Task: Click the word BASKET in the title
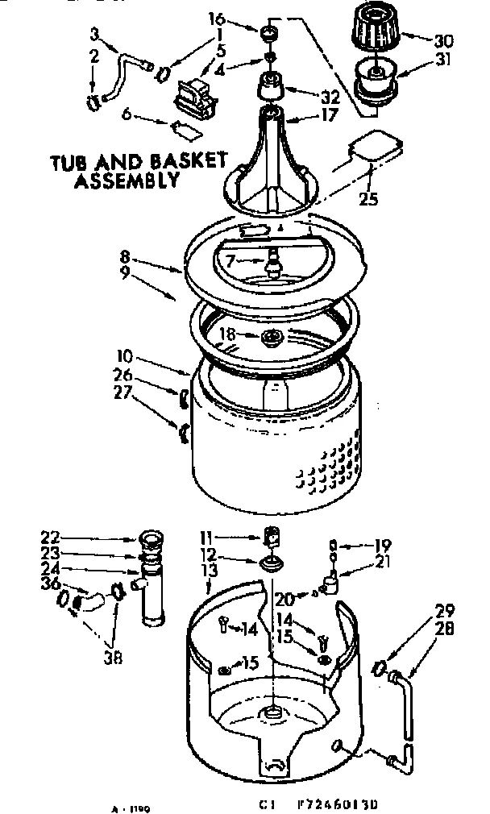pyautogui.click(x=187, y=161)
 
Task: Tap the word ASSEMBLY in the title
pyautogui.click(x=126, y=181)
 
